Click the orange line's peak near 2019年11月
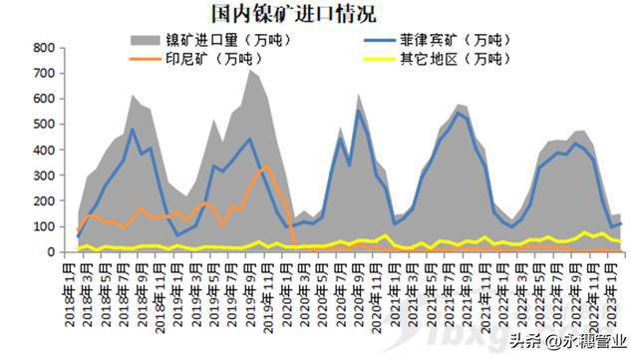(266, 167)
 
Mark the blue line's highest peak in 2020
(359, 110)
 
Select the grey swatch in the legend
(145, 41)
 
